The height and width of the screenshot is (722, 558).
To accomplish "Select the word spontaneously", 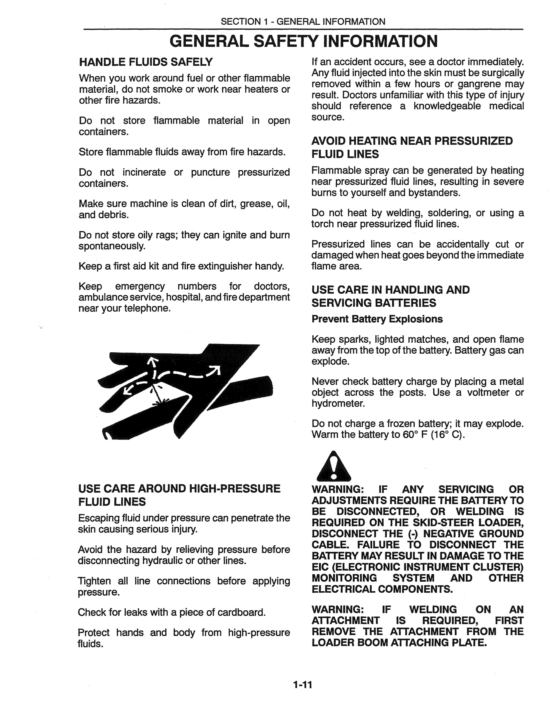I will tap(112, 246).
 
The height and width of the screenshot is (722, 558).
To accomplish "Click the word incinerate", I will tap(144, 172).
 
